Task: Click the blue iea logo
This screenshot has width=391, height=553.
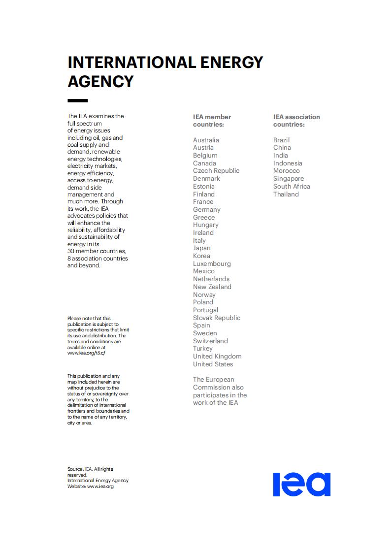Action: pyautogui.click(x=301, y=484)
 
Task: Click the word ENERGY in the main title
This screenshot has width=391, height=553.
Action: pyautogui.click(x=231, y=63)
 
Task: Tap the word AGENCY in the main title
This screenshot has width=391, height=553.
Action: pyautogui.click(x=100, y=81)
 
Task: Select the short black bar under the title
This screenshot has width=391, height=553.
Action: pyautogui.click(x=77, y=100)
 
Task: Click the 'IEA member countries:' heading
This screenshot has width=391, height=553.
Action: pyautogui.click(x=212, y=121)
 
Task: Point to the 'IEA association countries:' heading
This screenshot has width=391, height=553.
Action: pyautogui.click(x=296, y=121)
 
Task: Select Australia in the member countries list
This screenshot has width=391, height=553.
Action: pyautogui.click(x=206, y=140)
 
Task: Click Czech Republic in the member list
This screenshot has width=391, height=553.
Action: pyautogui.click(x=216, y=171)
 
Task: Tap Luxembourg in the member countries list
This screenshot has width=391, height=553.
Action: pyautogui.click(x=212, y=263)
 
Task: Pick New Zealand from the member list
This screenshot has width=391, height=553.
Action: pyautogui.click(x=212, y=287)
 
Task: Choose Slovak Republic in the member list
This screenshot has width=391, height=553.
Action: pyautogui.click(x=217, y=318)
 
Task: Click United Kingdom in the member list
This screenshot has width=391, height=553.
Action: pyautogui.click(x=217, y=356)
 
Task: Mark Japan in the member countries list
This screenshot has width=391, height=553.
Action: pyautogui.click(x=201, y=248)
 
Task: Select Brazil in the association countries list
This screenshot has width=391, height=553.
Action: pyautogui.click(x=282, y=140)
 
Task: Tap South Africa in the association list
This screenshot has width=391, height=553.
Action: pyautogui.click(x=292, y=186)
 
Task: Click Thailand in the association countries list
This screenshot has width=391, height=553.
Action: pyautogui.click(x=286, y=194)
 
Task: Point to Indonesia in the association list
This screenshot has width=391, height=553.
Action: pyautogui.click(x=288, y=163)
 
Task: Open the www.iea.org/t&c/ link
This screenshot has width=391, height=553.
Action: pyautogui.click(x=86, y=353)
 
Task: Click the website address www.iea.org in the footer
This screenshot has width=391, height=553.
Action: pyautogui.click(x=100, y=487)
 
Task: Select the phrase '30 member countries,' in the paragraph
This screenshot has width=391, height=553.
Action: pyautogui.click(x=97, y=251)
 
